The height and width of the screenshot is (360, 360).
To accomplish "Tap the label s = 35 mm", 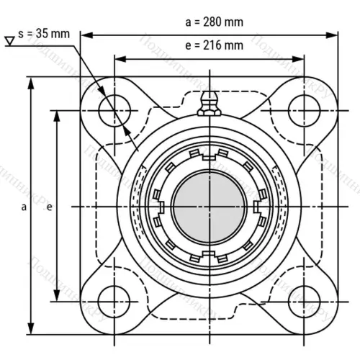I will (45, 34).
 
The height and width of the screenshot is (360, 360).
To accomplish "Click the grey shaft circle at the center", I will (209, 207).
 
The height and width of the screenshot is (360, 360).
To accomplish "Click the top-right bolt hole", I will (302, 111).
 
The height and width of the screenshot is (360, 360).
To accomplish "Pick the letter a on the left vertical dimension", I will (24, 207).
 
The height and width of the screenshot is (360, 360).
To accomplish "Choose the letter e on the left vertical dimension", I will (49, 207).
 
